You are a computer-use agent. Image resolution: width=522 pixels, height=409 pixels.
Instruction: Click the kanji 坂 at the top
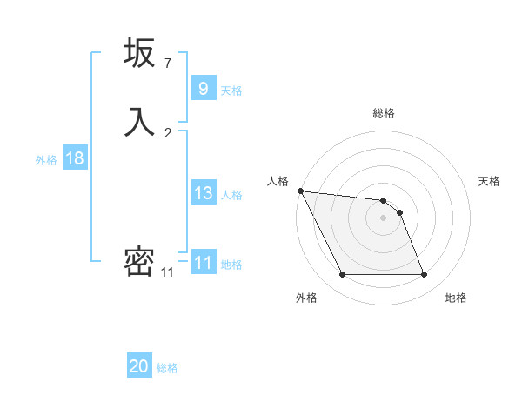click(x=139, y=54)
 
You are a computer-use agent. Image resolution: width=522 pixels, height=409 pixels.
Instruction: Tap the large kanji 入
click(x=139, y=120)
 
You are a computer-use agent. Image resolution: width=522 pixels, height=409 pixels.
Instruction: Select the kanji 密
click(x=139, y=261)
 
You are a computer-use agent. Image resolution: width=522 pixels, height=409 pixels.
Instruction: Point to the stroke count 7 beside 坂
click(x=168, y=63)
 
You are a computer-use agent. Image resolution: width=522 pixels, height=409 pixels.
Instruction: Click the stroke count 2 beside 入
click(x=168, y=132)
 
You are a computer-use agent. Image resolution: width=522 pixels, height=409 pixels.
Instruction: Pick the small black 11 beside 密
click(x=168, y=272)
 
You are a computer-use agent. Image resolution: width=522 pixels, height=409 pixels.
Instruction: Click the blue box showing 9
click(x=203, y=88)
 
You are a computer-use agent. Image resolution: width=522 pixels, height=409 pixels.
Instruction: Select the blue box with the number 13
click(x=203, y=193)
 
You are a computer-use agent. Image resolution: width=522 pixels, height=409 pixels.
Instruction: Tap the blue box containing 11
click(x=203, y=263)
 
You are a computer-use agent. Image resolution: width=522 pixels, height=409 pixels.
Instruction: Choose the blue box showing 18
click(x=74, y=158)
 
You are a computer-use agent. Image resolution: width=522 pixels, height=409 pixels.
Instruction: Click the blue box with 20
click(x=139, y=366)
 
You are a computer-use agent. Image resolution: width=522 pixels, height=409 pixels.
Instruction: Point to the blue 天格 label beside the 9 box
click(x=231, y=90)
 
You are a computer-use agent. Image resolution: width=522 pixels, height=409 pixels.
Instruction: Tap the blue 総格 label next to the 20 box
click(x=167, y=368)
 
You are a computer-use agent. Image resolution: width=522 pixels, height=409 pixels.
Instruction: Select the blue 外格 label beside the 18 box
click(x=46, y=160)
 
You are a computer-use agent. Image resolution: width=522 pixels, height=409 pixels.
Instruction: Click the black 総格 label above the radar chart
click(x=384, y=113)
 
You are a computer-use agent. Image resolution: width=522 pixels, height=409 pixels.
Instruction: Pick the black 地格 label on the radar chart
click(x=456, y=298)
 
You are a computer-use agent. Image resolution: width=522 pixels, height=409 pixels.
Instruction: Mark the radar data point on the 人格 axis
click(x=300, y=191)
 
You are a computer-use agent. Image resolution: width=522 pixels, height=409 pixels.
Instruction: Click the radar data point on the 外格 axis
click(x=342, y=275)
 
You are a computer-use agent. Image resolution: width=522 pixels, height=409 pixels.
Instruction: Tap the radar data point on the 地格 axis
click(x=424, y=275)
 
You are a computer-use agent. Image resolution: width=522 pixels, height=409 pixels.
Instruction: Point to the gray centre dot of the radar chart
click(x=383, y=218)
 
